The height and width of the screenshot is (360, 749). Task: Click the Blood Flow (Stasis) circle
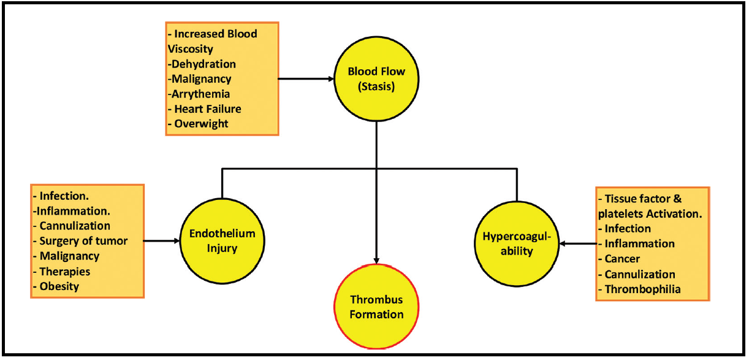[376, 79]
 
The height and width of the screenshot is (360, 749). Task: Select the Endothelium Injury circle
[222, 241]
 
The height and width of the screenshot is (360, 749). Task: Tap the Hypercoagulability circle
[517, 243]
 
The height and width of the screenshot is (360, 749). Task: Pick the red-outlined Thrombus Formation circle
[376, 307]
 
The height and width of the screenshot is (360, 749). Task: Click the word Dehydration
[203, 64]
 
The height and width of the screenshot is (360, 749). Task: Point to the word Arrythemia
[200, 94]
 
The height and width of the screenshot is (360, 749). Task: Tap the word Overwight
[201, 124]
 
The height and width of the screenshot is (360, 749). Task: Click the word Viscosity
[190, 49]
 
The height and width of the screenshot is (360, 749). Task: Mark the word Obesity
[59, 286]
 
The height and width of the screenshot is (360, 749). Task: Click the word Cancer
[622, 259]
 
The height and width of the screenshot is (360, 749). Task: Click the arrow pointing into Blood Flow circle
[306, 79]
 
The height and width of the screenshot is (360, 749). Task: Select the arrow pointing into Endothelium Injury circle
[161, 241]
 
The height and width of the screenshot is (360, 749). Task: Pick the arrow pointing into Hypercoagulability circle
[578, 243]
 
